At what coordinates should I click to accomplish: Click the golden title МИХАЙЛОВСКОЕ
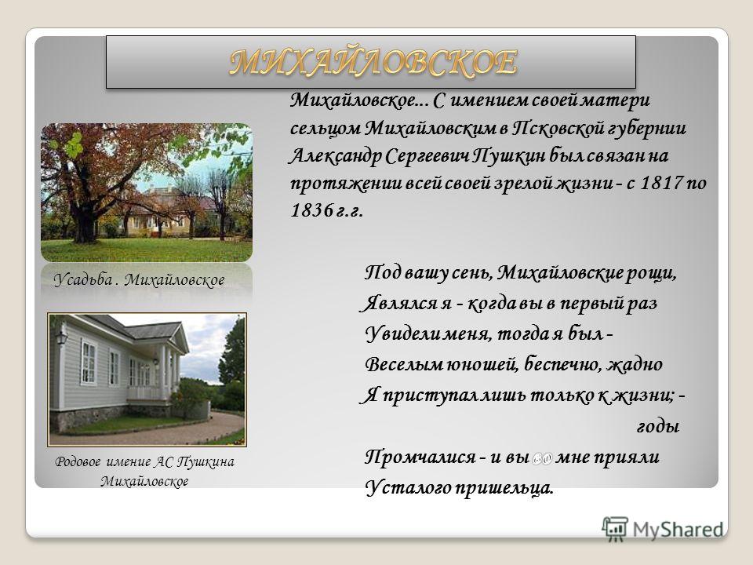[x=373, y=63]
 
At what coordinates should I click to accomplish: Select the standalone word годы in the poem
[x=658, y=427]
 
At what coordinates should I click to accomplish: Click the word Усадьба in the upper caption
[x=82, y=279]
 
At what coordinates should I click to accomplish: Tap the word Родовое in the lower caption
[x=78, y=461]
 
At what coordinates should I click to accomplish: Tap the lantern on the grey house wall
[x=61, y=337]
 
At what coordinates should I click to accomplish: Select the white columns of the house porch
[x=168, y=371]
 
